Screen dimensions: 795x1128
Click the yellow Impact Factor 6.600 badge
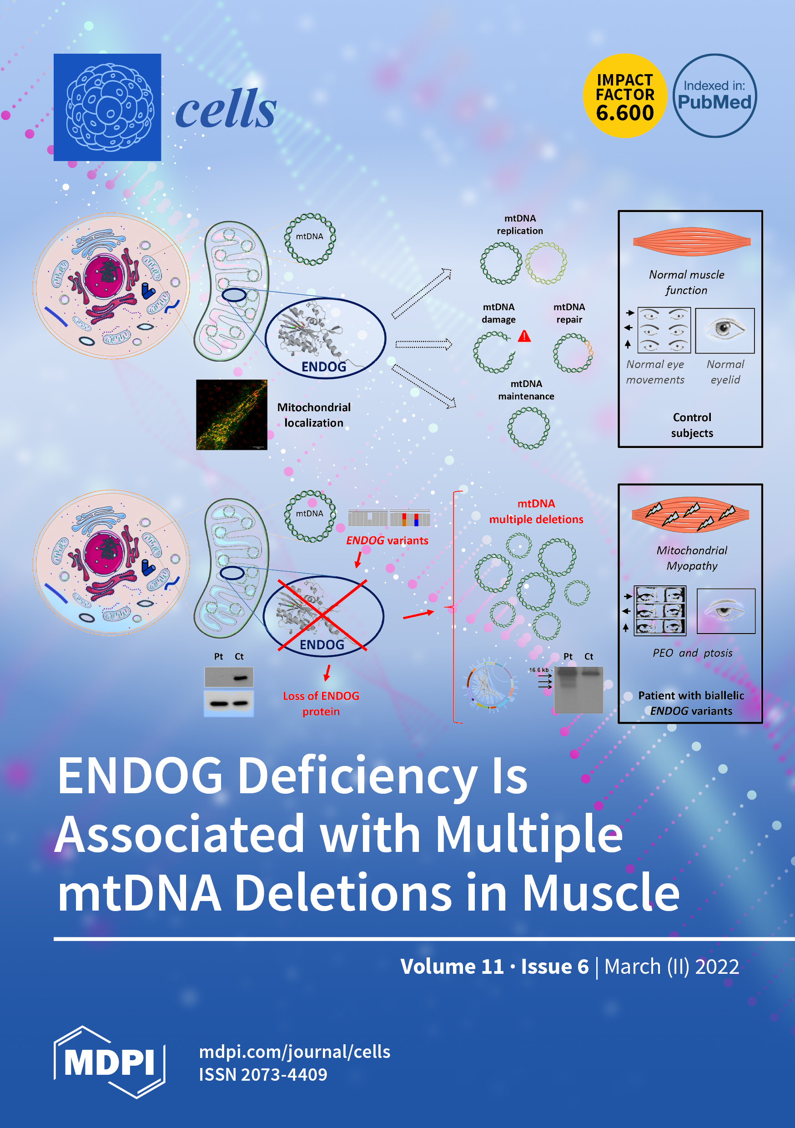(x=624, y=96)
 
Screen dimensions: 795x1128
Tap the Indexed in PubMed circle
(x=714, y=96)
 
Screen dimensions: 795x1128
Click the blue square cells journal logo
(x=107, y=107)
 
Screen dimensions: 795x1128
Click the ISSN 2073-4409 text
(x=263, y=1074)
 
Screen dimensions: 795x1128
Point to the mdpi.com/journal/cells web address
(x=294, y=1052)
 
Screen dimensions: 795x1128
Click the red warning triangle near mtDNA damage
(x=524, y=337)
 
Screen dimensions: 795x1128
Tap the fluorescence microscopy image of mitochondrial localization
(x=231, y=415)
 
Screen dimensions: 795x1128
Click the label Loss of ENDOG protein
(x=321, y=704)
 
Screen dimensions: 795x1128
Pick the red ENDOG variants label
(x=387, y=540)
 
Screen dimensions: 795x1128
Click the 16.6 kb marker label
(x=538, y=670)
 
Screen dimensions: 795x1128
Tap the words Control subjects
(x=692, y=425)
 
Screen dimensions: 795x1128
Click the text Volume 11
(x=452, y=967)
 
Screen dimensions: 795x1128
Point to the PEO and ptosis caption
(x=692, y=653)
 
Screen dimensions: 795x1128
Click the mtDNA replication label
(x=520, y=225)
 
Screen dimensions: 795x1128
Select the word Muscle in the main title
(x=600, y=892)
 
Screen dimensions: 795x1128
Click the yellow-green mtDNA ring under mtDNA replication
(x=546, y=263)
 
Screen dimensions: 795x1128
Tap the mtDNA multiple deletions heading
(x=536, y=511)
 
